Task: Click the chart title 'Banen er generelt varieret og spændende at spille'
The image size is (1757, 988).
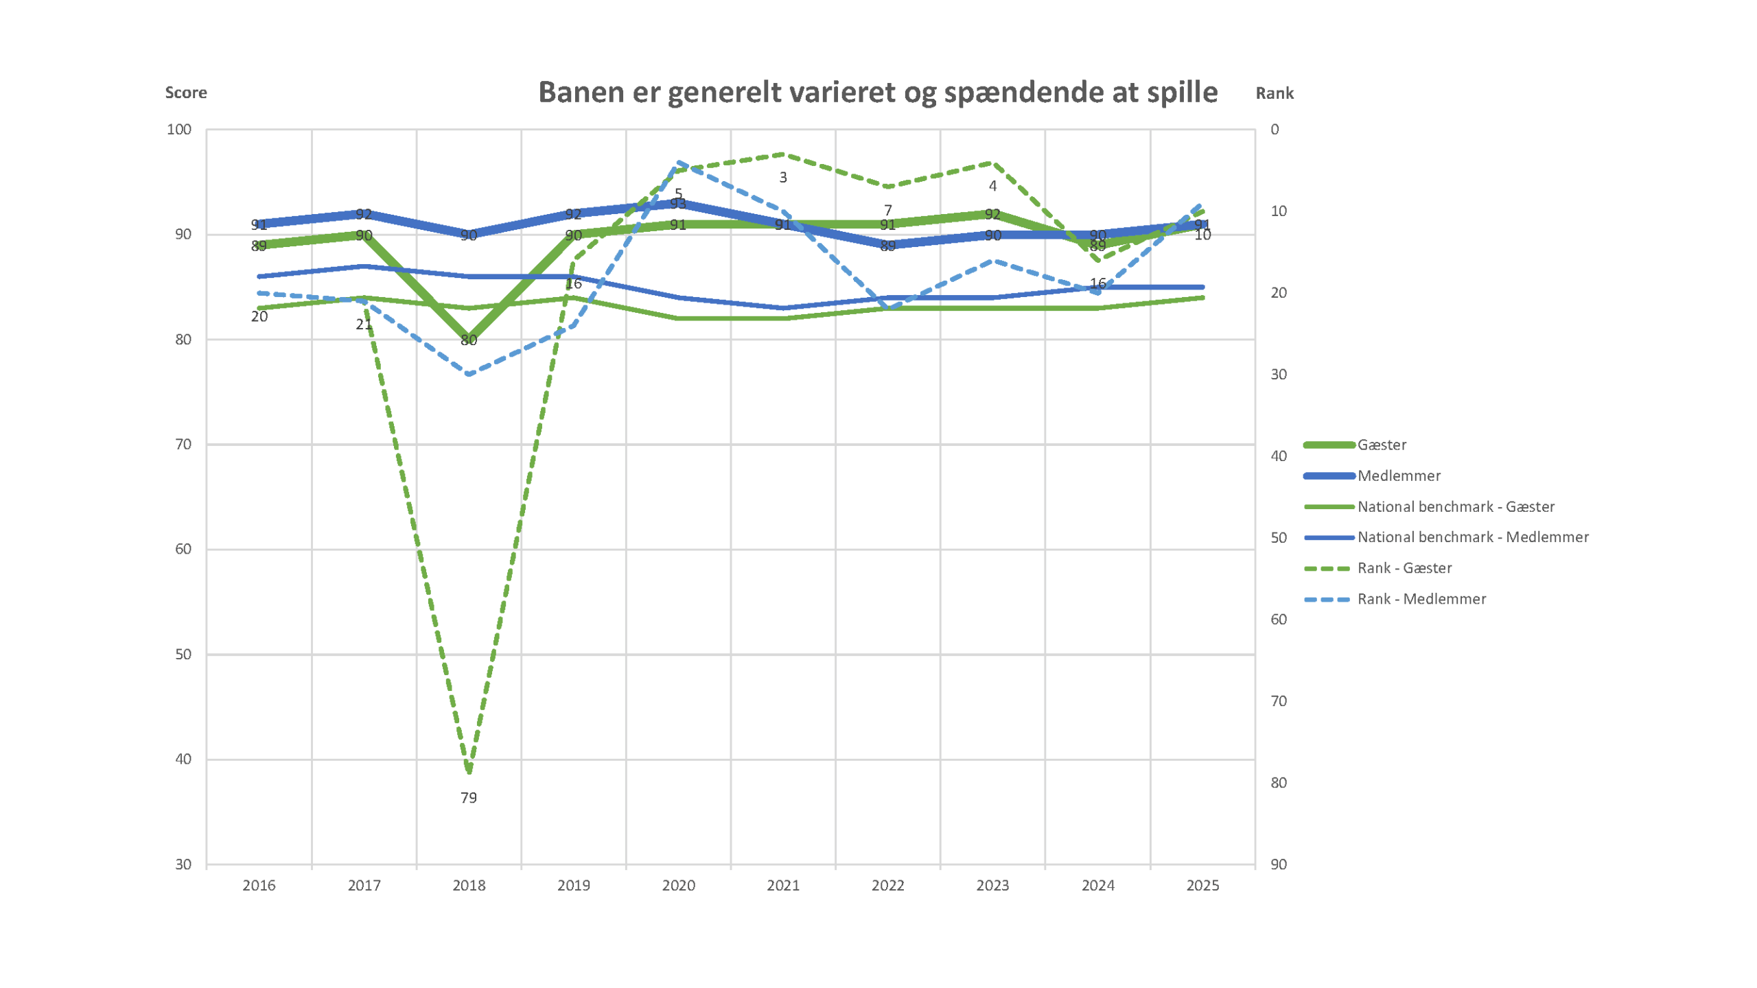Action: click(877, 92)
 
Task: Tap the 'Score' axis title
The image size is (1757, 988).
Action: click(185, 93)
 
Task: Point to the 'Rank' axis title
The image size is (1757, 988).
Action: click(1274, 93)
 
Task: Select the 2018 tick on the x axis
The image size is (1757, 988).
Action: click(469, 885)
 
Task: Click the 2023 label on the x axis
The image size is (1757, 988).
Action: click(992, 885)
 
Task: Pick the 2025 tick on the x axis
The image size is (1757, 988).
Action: click(1202, 885)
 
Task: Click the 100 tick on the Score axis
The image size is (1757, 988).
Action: click(179, 130)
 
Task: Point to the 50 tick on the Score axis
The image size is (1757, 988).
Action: click(183, 655)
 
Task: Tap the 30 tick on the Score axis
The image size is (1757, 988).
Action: click(183, 864)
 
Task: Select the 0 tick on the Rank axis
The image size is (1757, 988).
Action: click(1275, 130)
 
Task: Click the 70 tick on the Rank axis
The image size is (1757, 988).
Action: click(1278, 701)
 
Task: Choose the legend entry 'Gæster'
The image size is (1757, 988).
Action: click(1382, 445)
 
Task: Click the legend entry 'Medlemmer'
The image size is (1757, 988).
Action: click(1399, 475)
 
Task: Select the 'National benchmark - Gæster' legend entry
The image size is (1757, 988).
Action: click(1455, 506)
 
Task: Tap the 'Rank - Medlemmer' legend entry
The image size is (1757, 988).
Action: click(1421, 599)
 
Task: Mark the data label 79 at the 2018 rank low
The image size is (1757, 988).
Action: click(469, 798)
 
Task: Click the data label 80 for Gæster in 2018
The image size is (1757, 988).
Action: click(469, 340)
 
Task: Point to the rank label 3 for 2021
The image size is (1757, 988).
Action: click(783, 178)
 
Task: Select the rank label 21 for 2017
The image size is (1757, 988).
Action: click(364, 325)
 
